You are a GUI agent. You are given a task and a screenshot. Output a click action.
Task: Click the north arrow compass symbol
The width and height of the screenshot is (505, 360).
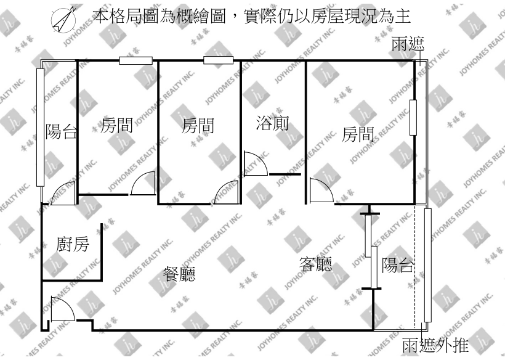(x=63, y=20)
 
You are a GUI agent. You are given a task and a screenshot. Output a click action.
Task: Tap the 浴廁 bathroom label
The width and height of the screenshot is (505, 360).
(x=272, y=123)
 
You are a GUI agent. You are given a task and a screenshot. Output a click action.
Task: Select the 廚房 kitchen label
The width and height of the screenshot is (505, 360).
(x=73, y=244)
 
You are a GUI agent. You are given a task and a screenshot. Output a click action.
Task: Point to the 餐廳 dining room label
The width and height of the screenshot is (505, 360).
(x=179, y=274)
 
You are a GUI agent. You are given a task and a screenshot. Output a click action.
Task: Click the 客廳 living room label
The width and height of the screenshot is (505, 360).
(x=315, y=264)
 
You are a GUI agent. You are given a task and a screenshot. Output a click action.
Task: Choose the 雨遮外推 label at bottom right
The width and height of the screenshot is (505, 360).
(x=435, y=345)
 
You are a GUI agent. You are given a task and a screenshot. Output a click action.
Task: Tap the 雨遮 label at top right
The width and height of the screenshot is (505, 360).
(x=408, y=44)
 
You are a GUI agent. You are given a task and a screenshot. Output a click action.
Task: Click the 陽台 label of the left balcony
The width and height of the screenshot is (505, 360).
(x=61, y=131)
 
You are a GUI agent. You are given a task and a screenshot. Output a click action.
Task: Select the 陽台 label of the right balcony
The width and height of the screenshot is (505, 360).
(x=398, y=265)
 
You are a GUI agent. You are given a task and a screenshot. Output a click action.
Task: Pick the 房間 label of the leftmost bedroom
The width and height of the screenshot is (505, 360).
(x=116, y=125)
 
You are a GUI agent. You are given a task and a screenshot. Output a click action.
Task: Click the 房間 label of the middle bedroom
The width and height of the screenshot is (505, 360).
(x=198, y=126)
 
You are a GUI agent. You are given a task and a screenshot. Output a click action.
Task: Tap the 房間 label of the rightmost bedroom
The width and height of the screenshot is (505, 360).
(x=358, y=134)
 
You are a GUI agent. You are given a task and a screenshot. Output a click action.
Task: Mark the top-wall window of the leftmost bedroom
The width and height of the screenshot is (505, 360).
(x=135, y=60)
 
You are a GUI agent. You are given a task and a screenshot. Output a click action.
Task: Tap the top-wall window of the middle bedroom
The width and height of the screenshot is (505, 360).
(x=219, y=60)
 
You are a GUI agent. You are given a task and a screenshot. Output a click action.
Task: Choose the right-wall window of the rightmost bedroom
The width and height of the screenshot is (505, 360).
(x=413, y=118)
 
